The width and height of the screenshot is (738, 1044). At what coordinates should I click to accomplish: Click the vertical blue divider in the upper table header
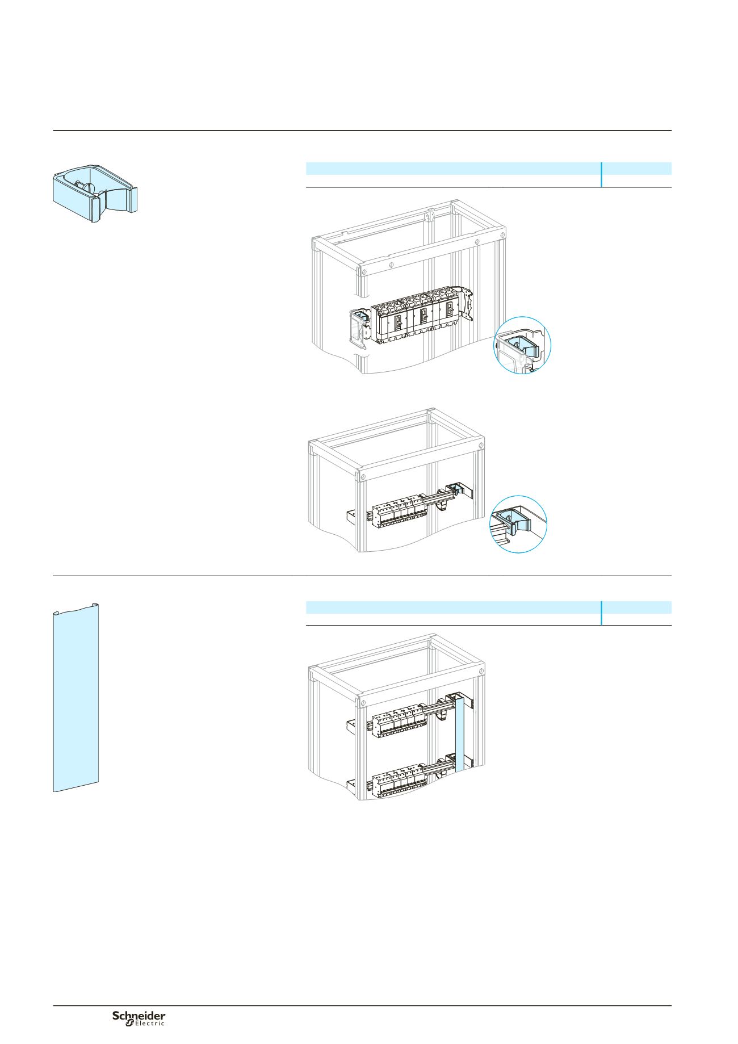tap(601, 174)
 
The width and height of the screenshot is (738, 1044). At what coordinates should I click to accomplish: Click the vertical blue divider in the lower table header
tap(601, 613)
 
